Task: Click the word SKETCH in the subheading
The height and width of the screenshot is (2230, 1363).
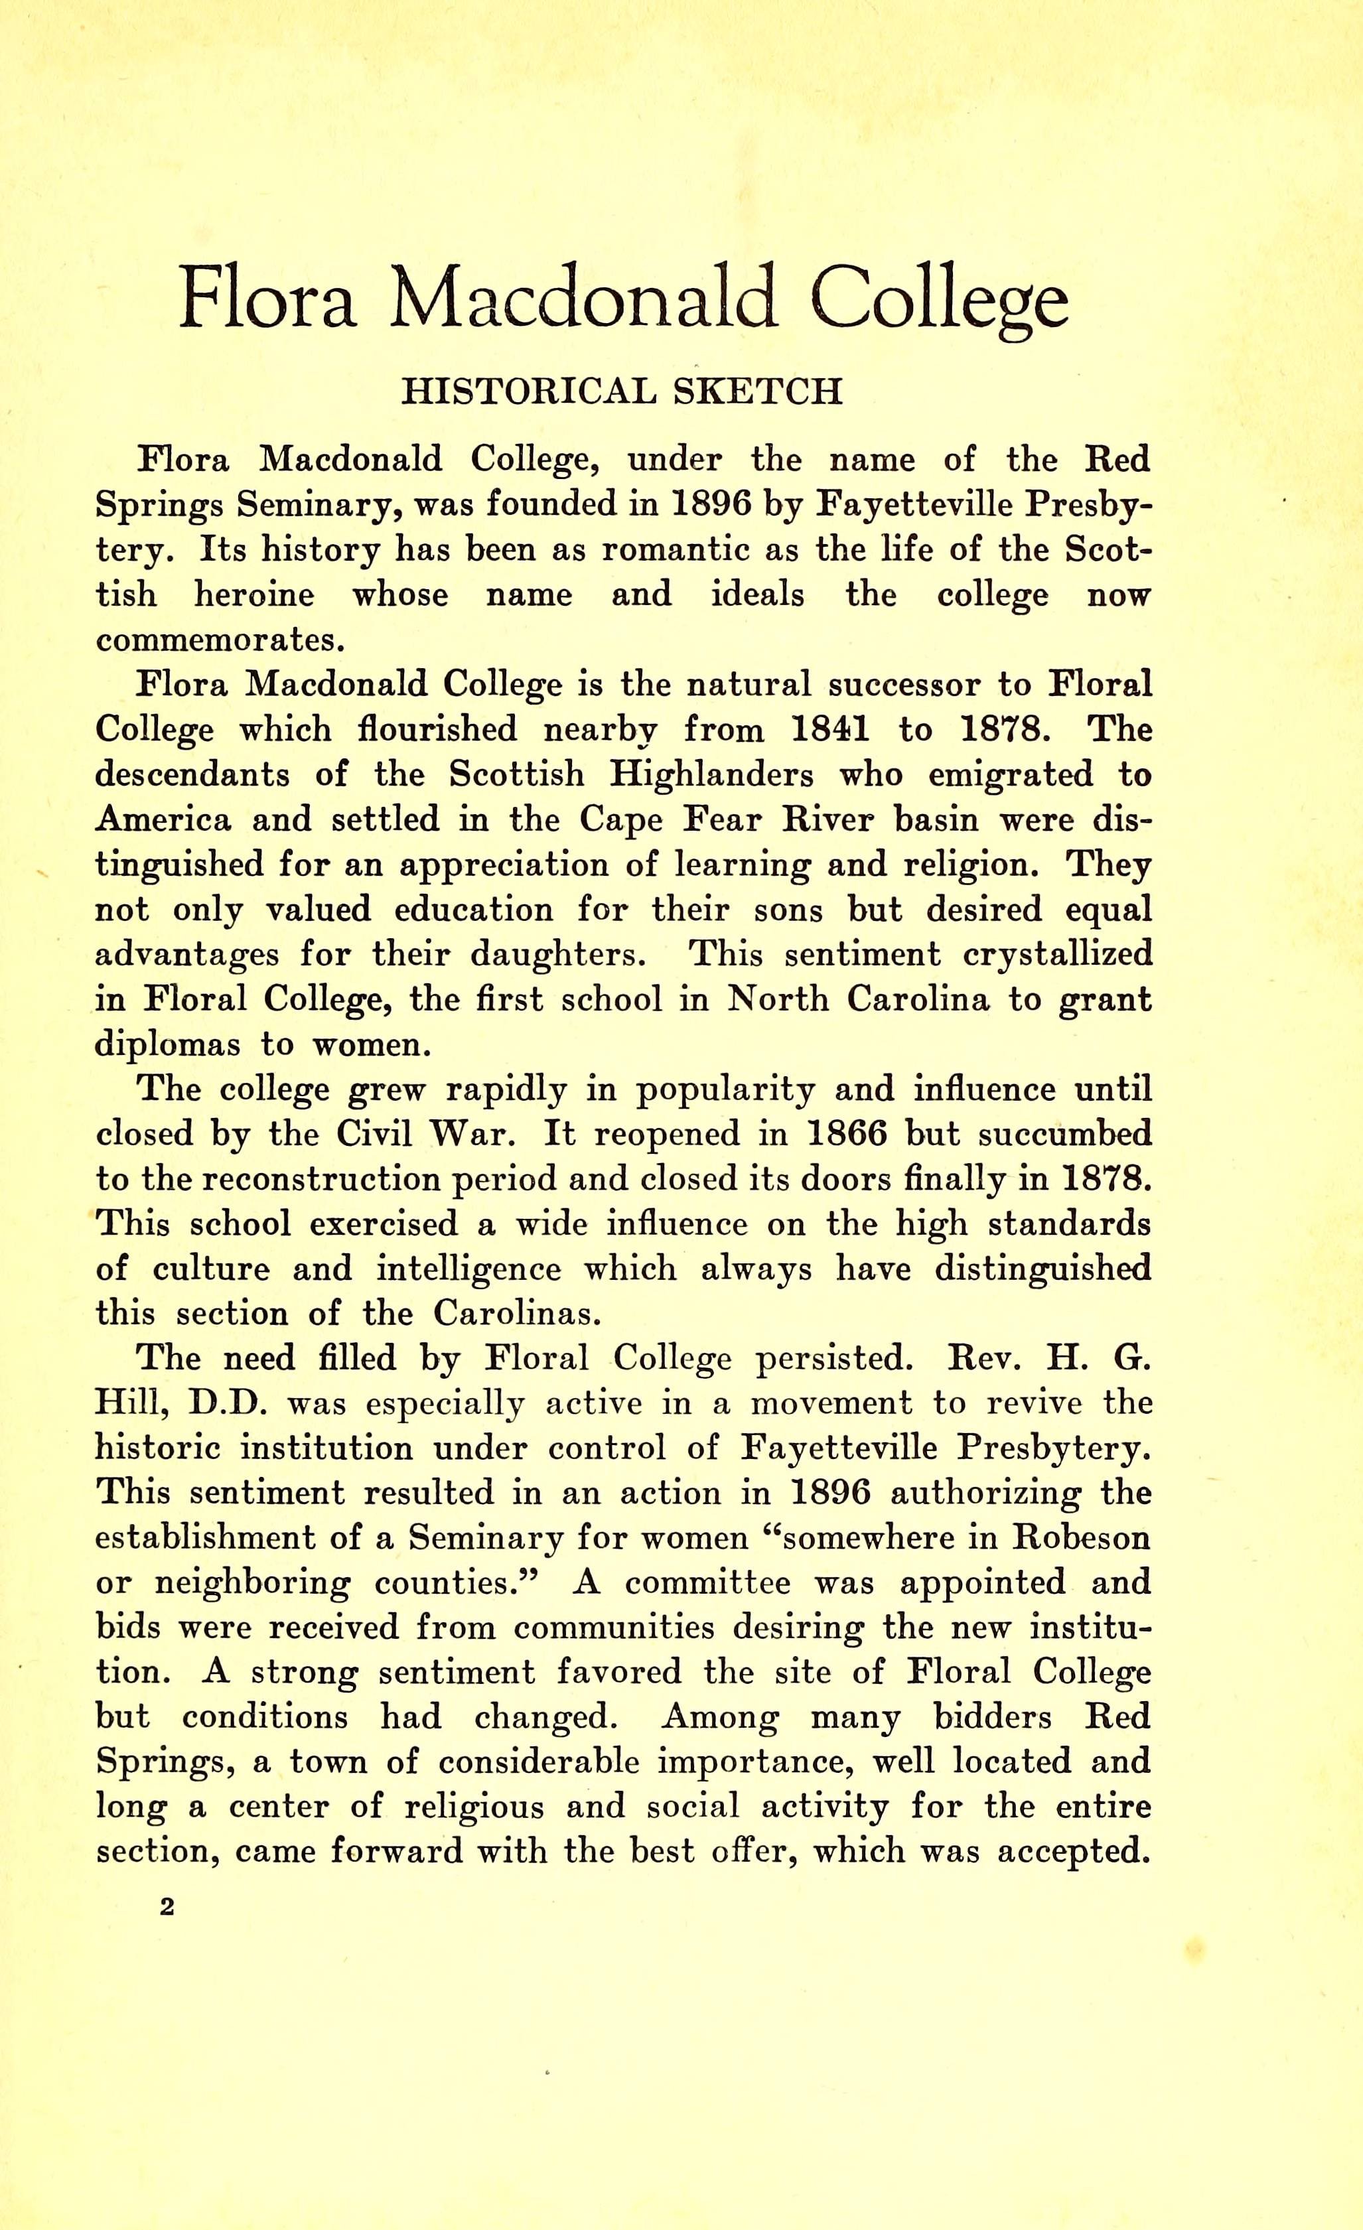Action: tap(758, 391)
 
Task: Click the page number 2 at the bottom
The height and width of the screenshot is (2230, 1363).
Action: tap(166, 1907)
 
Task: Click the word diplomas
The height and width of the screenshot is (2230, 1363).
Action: tap(167, 1044)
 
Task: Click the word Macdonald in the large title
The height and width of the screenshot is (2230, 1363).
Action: tap(584, 299)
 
